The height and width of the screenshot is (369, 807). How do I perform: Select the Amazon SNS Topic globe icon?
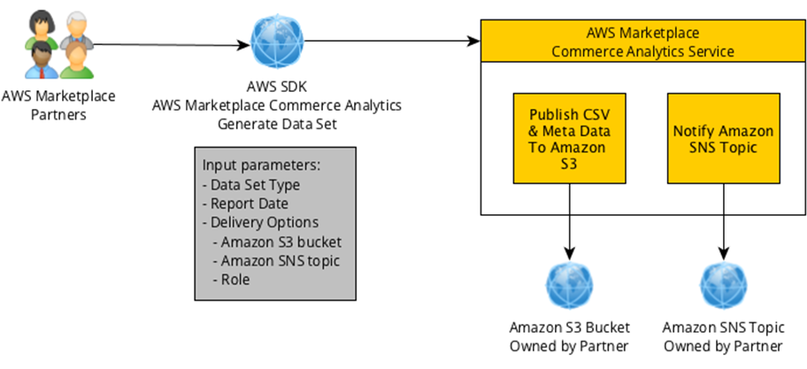point(723,284)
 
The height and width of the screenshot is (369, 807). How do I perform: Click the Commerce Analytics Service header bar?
point(642,42)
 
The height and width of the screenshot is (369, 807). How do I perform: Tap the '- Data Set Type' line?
point(251,185)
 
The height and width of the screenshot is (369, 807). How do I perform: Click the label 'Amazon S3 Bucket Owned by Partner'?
point(568,335)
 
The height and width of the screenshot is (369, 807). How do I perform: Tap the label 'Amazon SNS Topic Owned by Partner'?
point(723,335)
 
